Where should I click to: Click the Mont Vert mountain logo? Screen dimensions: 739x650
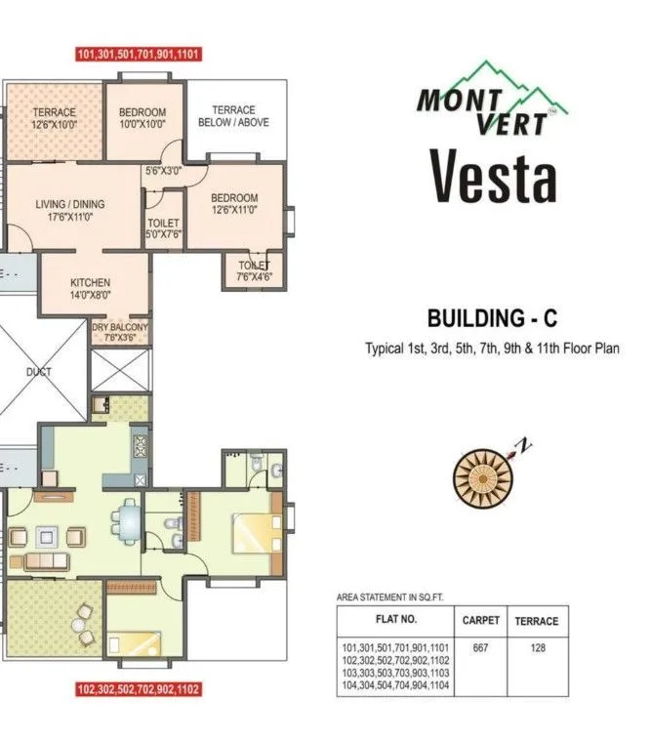pos(494,99)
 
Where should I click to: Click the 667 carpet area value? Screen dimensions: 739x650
pos(480,647)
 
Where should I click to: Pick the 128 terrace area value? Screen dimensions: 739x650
pos(537,647)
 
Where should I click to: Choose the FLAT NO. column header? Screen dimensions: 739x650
pos(395,620)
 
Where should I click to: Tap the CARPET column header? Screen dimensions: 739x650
pos(480,620)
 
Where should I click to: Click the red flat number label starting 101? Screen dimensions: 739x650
pos(139,55)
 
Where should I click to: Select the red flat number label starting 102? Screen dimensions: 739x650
pos(139,688)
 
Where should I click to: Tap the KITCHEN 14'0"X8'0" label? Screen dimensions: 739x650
pos(97,288)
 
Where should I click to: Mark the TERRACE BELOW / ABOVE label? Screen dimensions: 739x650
pos(233,116)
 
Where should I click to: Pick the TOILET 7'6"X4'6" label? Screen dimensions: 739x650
pos(254,270)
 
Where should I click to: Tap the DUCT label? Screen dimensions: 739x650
pos(39,372)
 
